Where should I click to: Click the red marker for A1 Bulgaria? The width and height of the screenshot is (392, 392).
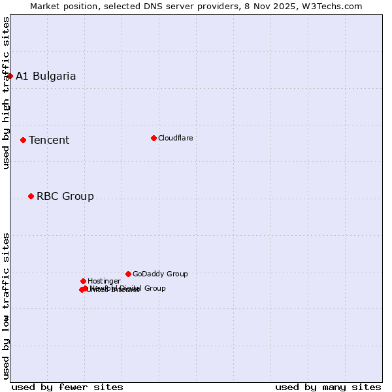pyautogui.click(x=10, y=76)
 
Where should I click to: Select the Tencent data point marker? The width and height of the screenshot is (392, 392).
pyautogui.click(x=23, y=140)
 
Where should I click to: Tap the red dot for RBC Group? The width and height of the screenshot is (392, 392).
pyautogui.click(x=31, y=196)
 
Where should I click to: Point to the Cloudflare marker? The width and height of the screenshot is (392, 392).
pyautogui.click(x=154, y=138)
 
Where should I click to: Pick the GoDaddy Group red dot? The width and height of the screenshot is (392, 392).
pyautogui.click(x=128, y=274)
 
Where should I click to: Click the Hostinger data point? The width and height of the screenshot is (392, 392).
pyautogui.click(x=83, y=281)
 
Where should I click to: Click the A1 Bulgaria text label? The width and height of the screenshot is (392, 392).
pyautogui.click(x=46, y=76)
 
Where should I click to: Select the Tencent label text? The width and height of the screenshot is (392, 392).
pyautogui.click(x=49, y=140)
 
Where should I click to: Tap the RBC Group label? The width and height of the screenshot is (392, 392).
pyautogui.click(x=65, y=196)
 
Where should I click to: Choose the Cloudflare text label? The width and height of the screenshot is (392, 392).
pyautogui.click(x=176, y=138)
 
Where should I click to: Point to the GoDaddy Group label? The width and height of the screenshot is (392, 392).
pyautogui.click(x=160, y=274)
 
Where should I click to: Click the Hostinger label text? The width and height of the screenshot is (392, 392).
pyautogui.click(x=104, y=281)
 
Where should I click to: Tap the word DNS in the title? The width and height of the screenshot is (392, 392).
pyautogui.click(x=148, y=7)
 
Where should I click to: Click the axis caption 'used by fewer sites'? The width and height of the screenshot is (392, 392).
pyautogui.click(x=67, y=387)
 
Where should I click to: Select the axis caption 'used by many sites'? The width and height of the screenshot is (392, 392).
pyautogui.click(x=328, y=387)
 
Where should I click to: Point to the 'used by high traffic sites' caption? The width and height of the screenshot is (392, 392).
pyautogui.click(x=7, y=93)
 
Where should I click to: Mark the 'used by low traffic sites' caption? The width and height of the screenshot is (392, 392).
pyautogui.click(x=7, y=306)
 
